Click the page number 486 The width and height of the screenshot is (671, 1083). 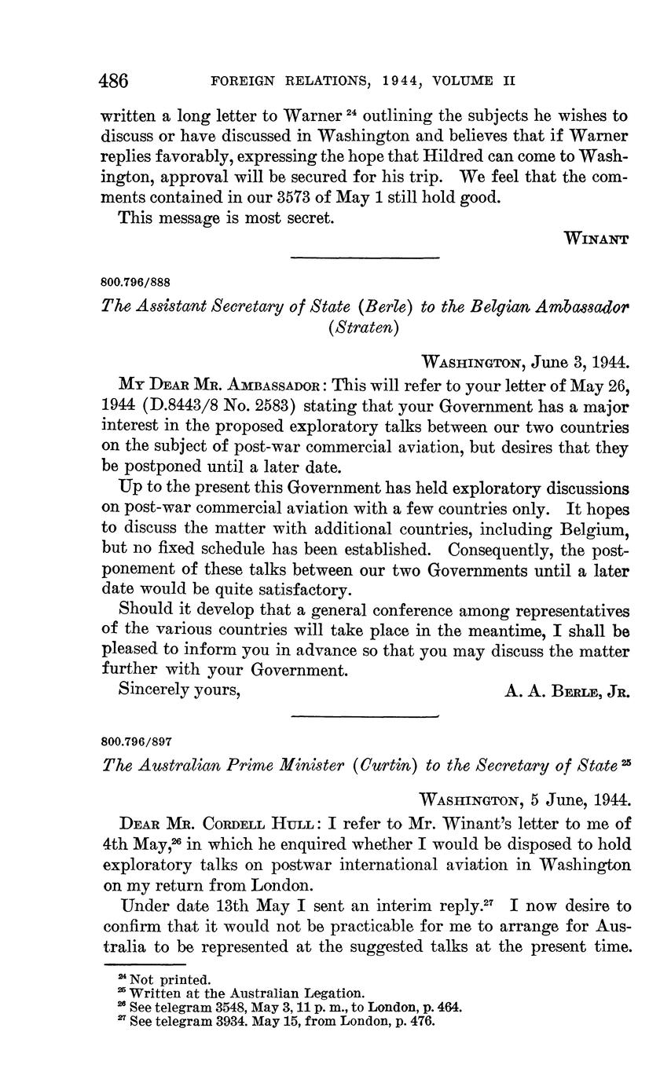click(113, 80)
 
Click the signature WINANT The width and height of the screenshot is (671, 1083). click(596, 240)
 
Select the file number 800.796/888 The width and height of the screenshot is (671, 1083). click(137, 281)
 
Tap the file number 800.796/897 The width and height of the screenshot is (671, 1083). click(137, 741)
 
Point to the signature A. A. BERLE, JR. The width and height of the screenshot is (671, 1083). click(566, 691)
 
